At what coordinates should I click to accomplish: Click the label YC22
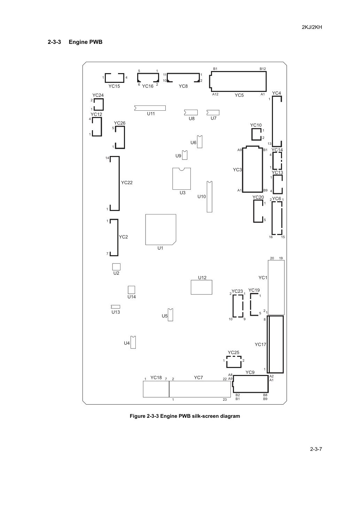point(127,183)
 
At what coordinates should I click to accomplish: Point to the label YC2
point(123,237)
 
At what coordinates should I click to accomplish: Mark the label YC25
point(234,352)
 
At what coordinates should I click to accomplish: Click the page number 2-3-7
point(316,449)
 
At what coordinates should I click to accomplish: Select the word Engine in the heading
point(77,42)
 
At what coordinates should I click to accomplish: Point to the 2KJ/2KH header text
point(312,27)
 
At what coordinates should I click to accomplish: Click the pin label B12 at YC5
point(263,69)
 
